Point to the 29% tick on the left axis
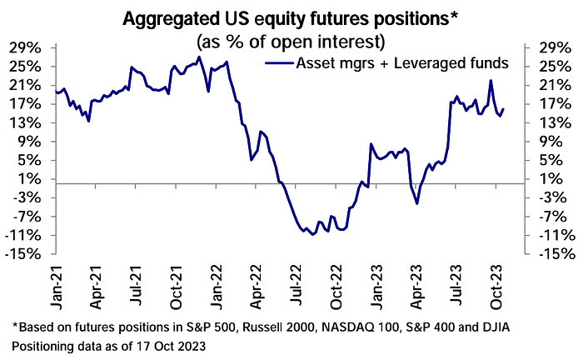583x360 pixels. tap(27, 47)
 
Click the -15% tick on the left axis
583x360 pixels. tap(25, 253)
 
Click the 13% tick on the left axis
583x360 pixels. tap(27, 122)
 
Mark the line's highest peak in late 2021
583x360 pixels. tap(198, 57)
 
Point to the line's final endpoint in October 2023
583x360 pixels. tap(503, 108)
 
